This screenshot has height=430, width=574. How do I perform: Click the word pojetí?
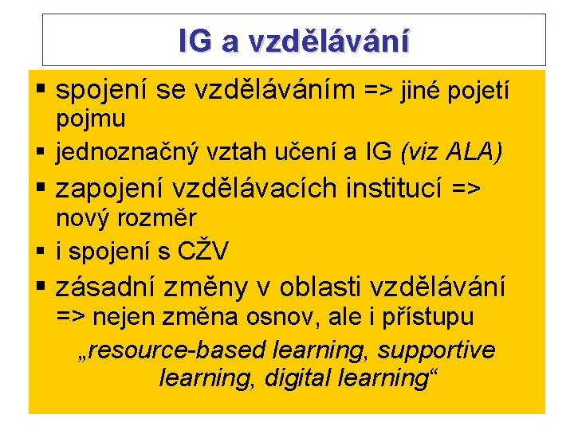pyautogui.click(x=478, y=93)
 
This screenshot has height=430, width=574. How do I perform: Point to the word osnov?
pyautogui.click(x=265, y=317)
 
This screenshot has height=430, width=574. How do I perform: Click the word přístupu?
pyautogui.click(x=430, y=317)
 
